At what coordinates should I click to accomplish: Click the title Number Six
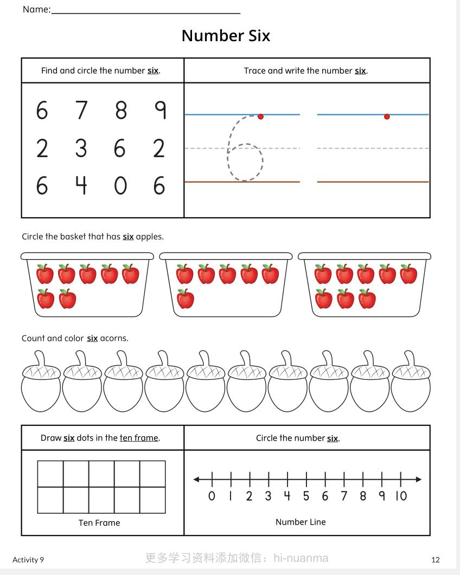[226, 36]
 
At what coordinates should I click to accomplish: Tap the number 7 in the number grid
[81, 111]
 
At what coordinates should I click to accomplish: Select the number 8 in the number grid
[120, 111]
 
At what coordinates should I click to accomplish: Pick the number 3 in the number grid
[81, 148]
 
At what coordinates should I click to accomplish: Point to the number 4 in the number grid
[81, 186]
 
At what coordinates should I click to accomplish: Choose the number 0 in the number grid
[120, 186]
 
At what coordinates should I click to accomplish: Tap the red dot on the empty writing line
[387, 117]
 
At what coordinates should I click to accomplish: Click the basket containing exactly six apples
[226, 285]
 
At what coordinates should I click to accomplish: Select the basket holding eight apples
[365, 285]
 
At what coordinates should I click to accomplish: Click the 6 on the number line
[325, 496]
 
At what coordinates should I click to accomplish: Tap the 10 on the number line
[401, 496]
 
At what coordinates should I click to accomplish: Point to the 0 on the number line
[212, 496]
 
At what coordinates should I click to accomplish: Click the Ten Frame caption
[99, 523]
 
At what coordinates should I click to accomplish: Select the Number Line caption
[301, 522]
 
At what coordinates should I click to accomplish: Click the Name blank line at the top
[145, 12]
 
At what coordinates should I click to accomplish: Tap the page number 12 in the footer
[436, 560]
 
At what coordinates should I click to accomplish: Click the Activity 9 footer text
[28, 560]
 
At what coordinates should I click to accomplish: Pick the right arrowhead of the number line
[418, 479]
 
